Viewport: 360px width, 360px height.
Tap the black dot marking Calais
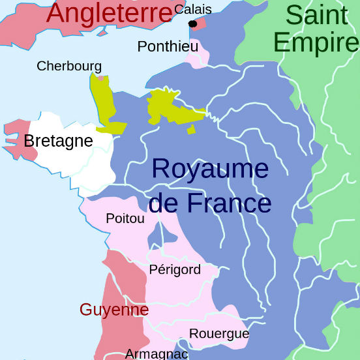[x=192, y=24]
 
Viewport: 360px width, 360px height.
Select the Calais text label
[x=192, y=9]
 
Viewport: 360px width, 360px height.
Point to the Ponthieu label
[x=168, y=46]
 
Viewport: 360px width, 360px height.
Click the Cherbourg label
[x=69, y=66]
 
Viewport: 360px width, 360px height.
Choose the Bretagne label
[x=58, y=141]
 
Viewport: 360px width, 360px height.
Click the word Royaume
[x=210, y=169]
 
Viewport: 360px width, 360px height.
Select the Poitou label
[x=125, y=218]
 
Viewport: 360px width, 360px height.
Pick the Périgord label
[x=175, y=269]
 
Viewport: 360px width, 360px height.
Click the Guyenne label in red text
[x=114, y=309]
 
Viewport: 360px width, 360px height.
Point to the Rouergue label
[x=219, y=334]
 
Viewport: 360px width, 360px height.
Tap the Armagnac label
[x=157, y=353]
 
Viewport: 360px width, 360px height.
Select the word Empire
[x=316, y=42]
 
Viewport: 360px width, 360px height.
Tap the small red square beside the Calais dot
[x=200, y=24]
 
